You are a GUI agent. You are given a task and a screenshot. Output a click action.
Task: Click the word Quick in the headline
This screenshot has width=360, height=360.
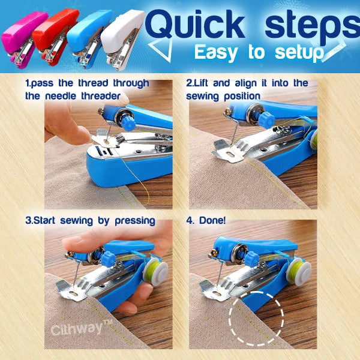pyautogui.click(x=196, y=25)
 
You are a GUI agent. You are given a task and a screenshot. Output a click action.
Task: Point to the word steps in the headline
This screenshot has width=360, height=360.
pyautogui.click(x=313, y=27)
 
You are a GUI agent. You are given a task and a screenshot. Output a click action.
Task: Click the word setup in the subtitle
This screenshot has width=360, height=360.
pyautogui.click(x=299, y=53)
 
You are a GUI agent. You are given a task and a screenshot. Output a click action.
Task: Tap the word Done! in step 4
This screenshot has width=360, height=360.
pyautogui.click(x=212, y=220)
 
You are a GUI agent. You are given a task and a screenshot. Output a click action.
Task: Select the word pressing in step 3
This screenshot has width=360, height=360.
pyautogui.click(x=135, y=221)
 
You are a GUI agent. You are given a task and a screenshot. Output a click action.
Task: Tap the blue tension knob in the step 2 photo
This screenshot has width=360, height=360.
pyautogui.click(x=266, y=120)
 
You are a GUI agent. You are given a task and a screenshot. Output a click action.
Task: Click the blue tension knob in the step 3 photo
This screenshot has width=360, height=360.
pyautogui.click(x=109, y=259)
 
